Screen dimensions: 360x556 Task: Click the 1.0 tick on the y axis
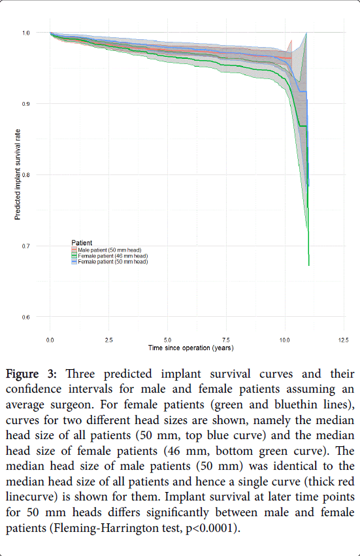[26, 33]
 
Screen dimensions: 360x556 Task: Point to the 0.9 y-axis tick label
[26, 104]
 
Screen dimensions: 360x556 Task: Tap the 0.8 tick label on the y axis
[26, 175]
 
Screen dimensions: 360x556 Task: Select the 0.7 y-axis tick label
[26, 246]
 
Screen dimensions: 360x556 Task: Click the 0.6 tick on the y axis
[26, 318]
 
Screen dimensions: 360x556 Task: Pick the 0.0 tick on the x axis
[50, 340]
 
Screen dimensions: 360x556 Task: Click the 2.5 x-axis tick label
[109, 340]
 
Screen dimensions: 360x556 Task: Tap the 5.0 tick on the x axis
[167, 340]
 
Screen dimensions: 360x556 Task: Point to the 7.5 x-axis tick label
[226, 340]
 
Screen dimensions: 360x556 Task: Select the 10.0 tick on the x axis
[284, 340]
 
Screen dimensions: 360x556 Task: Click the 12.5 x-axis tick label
[343, 340]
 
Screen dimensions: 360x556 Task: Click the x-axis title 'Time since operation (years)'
[191, 348]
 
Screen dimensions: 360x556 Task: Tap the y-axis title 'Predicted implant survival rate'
[18, 174]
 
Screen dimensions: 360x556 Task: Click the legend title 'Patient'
[82, 243]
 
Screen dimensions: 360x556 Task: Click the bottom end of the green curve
[309, 265]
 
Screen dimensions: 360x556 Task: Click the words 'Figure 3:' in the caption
[31, 374]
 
